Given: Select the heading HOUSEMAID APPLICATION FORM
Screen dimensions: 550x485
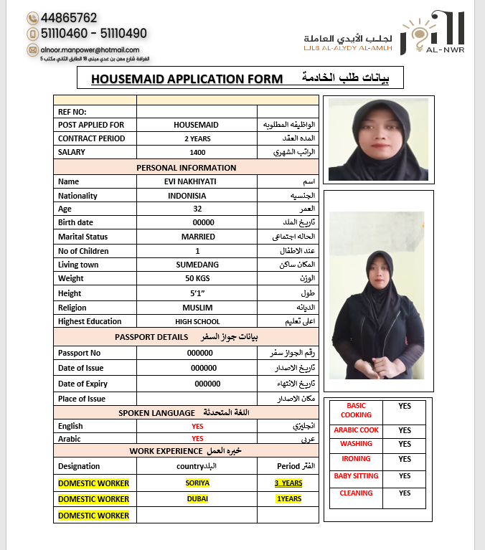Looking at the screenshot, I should coord(187,79).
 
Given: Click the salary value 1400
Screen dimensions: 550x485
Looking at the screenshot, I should coord(197,153).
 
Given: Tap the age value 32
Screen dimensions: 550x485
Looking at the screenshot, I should coord(197,209).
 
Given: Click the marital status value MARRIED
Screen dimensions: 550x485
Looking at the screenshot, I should coord(198,237).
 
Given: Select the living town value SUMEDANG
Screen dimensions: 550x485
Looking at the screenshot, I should coord(197,265).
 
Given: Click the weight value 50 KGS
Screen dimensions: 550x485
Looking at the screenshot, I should coord(197,278).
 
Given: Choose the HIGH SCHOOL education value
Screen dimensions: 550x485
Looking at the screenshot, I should coord(197,322).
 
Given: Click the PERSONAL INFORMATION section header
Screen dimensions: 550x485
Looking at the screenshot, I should coord(187,168).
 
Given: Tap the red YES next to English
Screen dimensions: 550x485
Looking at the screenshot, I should coord(197,427).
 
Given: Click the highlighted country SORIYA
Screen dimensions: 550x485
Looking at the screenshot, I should coord(197,483).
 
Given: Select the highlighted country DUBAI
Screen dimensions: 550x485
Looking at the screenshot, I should coord(197,499).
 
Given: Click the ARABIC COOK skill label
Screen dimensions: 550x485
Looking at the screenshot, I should coord(356,430).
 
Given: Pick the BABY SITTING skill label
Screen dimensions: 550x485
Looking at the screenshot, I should coord(356,476).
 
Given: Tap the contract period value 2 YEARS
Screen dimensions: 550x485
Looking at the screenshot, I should coord(197,139).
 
